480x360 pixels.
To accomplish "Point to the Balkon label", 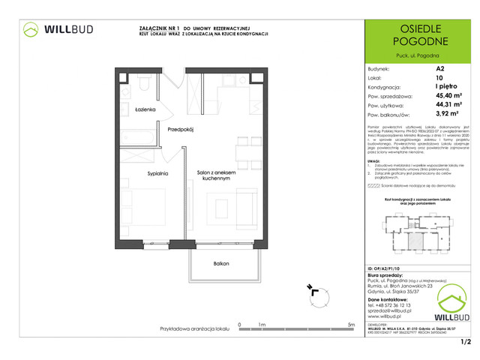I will [220, 263].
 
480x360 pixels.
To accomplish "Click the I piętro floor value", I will [444, 86].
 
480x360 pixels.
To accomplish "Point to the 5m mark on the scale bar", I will [352, 324].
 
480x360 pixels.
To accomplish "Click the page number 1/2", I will [466, 342].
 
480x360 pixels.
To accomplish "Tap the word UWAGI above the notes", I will [375, 160].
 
